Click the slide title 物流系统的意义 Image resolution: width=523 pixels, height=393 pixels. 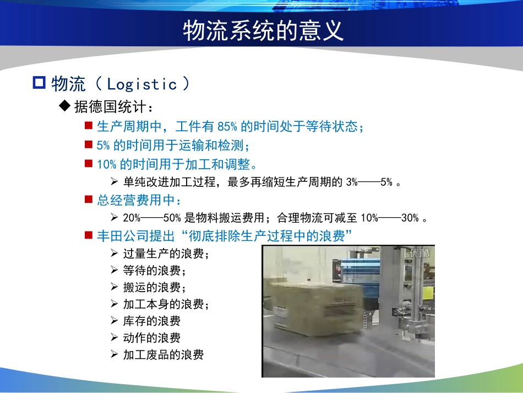(x=263, y=31)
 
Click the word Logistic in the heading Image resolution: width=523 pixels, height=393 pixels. (x=142, y=84)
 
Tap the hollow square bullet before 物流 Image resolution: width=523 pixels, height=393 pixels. (x=39, y=84)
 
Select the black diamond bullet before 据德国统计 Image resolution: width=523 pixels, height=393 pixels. (x=66, y=106)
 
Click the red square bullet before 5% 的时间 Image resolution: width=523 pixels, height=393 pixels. (x=88, y=144)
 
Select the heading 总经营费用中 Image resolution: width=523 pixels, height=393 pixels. (x=139, y=200)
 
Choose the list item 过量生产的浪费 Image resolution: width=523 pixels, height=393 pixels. (x=166, y=254)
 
